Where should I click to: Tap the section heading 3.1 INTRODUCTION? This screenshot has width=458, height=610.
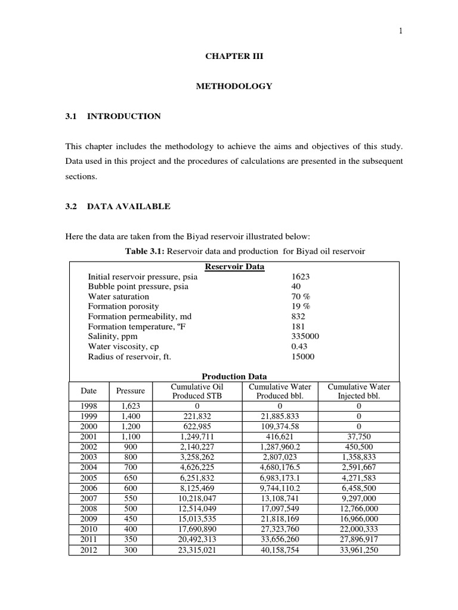pyautogui.click(x=113, y=116)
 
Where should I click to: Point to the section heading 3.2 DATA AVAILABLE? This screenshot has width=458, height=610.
pyautogui.click(x=117, y=206)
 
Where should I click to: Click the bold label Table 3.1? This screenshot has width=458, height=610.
pyautogui.click(x=144, y=251)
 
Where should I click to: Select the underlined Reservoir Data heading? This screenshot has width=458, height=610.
pyautogui.click(x=234, y=267)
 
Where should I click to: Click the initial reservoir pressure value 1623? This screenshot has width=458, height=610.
pyautogui.click(x=301, y=276)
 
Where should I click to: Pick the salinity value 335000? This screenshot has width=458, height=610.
pyautogui.click(x=305, y=337)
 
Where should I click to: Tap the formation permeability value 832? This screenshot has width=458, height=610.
pyautogui.click(x=298, y=316)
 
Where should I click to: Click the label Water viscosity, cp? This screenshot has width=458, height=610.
pyautogui.click(x=123, y=347)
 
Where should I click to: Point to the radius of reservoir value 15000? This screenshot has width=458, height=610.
pyautogui.click(x=302, y=357)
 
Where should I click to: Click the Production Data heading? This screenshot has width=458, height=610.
pyautogui.click(x=234, y=376)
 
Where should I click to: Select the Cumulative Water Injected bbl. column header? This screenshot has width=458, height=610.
pyautogui.click(x=359, y=391)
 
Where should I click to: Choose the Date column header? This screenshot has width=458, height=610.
pyautogui.click(x=88, y=391)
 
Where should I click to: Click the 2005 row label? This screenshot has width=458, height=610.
pyautogui.click(x=88, y=478)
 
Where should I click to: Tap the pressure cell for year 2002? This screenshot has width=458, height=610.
pyautogui.click(x=130, y=447)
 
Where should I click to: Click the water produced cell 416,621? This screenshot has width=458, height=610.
pyautogui.click(x=280, y=437)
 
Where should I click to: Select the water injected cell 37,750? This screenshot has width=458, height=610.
pyautogui.click(x=359, y=437)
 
